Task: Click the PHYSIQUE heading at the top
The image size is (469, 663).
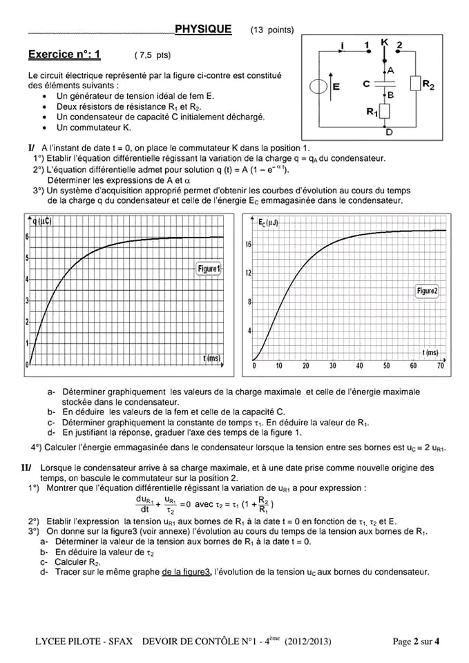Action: [x=203, y=29]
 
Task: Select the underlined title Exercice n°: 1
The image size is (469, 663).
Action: [x=64, y=55]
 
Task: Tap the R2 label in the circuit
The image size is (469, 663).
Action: [x=428, y=85]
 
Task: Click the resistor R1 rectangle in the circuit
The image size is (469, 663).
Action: [x=385, y=110]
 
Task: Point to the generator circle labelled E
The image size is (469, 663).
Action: [x=318, y=87]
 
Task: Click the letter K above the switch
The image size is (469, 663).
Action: [x=385, y=42]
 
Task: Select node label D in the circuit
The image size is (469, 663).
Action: [x=389, y=132]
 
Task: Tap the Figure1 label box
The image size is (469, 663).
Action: [x=209, y=269]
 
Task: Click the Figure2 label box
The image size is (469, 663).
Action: [x=427, y=291]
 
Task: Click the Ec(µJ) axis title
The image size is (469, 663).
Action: [x=268, y=223]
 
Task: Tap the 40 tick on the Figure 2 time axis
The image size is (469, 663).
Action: [x=359, y=366]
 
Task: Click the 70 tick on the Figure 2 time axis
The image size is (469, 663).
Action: [x=440, y=366]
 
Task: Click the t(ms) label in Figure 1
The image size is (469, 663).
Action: [x=212, y=358]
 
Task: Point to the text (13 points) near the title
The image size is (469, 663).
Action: [x=272, y=30]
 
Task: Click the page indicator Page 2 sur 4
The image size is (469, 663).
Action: [x=416, y=642]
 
